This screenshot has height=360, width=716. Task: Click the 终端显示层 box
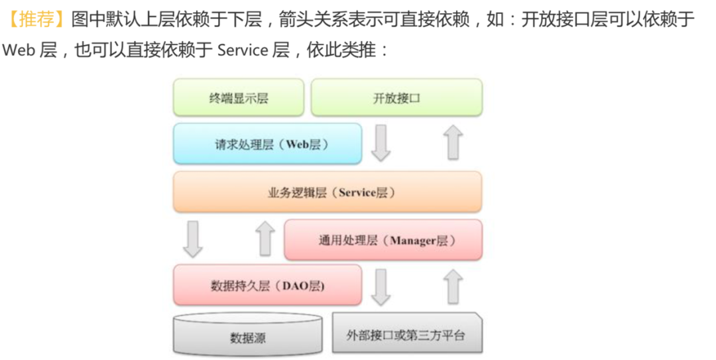pos(239,98)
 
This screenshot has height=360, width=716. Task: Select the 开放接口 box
pos(396,98)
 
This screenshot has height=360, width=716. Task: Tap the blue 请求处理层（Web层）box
pos(268,144)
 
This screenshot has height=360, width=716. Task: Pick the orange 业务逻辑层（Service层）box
pos(328,192)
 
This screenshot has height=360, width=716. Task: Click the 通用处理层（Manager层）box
pos(383,240)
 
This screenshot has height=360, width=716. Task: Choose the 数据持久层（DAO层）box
pos(268,286)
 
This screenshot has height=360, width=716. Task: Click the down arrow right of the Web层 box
pos(381,143)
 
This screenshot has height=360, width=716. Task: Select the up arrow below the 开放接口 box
pos(453,143)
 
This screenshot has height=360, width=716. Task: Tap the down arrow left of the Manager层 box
pos(193,239)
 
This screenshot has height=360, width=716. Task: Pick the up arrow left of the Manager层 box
pos(265,239)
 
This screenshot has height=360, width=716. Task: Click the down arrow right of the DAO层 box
pos(381,286)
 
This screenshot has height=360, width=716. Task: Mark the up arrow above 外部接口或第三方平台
pos(453,286)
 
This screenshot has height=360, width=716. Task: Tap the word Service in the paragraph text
pos(242,50)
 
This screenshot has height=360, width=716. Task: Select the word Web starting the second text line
pos(19,50)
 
